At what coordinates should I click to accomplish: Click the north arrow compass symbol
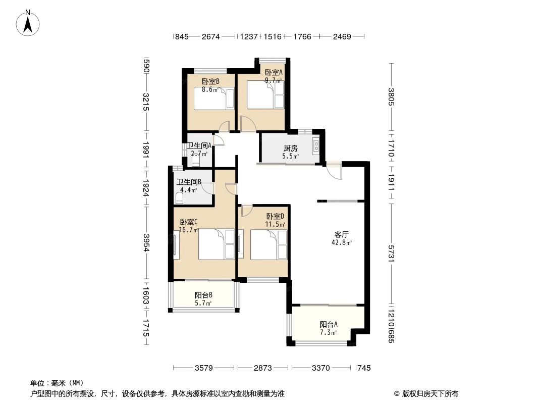[29, 23]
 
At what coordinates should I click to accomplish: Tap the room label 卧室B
[210, 82]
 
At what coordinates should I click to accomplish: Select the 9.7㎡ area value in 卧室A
[274, 80]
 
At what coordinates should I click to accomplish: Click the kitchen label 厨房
[290, 148]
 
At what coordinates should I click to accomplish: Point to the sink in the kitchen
[316, 145]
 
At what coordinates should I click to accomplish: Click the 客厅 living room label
[342, 234]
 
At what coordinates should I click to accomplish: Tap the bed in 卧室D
[268, 244]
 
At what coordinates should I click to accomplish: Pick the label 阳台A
[328, 325]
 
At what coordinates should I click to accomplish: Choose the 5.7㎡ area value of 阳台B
[203, 304]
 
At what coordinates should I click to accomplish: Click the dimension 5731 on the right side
[391, 252]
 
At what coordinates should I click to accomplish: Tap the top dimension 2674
[210, 36]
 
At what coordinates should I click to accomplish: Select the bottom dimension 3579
[205, 368]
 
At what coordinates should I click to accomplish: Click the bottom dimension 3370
[320, 368]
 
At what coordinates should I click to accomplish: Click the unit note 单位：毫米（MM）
[57, 383]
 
